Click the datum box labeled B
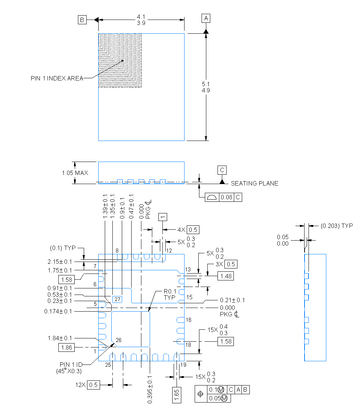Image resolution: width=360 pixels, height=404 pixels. (x=82, y=20)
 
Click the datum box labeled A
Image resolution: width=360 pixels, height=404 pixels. (x=206, y=18)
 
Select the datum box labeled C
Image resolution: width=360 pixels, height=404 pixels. (x=222, y=170)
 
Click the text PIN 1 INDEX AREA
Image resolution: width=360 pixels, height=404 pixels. (x=57, y=78)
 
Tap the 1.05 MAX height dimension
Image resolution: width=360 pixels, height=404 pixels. (x=75, y=173)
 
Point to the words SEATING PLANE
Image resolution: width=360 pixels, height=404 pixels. (x=255, y=183)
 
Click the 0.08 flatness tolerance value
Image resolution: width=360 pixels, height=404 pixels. (x=227, y=197)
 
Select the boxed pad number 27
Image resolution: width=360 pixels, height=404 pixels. (x=117, y=299)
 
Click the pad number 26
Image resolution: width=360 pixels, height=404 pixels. (x=118, y=340)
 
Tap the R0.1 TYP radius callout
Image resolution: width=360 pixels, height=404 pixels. (x=169, y=294)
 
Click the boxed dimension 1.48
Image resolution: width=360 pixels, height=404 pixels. (x=225, y=276)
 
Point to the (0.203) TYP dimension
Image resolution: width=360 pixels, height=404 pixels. (x=336, y=226)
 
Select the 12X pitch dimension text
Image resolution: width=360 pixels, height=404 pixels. (x=88, y=385)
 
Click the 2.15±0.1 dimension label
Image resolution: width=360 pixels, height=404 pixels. (x=59, y=261)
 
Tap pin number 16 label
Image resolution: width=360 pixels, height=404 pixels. (x=189, y=320)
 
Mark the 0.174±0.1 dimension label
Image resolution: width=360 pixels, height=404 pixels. (x=58, y=311)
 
